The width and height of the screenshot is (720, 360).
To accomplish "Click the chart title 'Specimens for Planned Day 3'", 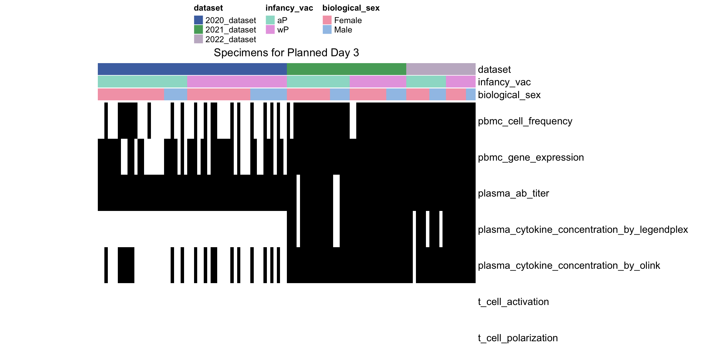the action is (286, 52).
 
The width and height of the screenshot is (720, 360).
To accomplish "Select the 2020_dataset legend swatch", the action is (198, 20).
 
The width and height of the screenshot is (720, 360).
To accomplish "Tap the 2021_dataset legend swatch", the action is (198, 29).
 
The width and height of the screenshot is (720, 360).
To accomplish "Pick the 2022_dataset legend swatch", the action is (198, 39).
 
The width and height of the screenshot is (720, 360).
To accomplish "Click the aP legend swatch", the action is (270, 20).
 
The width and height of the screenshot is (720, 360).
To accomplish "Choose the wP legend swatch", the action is (270, 29).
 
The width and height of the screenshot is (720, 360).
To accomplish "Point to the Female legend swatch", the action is (327, 20).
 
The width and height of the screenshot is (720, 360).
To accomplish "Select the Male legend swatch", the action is (327, 29).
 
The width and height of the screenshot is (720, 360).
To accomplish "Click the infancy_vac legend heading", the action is (289, 8).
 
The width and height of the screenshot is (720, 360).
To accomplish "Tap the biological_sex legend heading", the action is (351, 8).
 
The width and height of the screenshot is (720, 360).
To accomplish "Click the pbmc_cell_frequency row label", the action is (525, 121).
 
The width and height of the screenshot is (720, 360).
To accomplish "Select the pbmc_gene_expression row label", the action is (531, 157).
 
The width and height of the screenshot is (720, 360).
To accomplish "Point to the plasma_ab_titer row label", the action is (513, 193).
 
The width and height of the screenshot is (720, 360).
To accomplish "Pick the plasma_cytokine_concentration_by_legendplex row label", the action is (583, 229).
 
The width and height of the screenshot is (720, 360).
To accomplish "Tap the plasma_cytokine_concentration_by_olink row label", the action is (569, 265).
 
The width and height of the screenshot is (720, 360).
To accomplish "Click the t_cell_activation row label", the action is (513, 302).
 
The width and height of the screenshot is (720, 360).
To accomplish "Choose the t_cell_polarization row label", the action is (518, 338).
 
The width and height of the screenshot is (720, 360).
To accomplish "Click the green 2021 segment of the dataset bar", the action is (347, 69).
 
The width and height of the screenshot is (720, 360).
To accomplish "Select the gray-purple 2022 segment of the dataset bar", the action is (441, 69).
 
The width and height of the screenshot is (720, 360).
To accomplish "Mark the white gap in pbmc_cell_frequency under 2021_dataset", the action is (353, 121).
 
